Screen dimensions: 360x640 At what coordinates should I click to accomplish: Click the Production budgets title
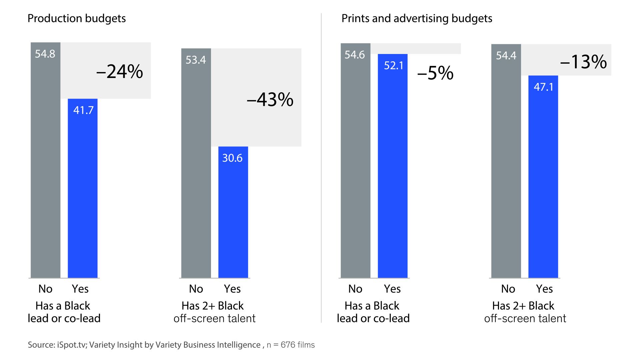pos(76,18)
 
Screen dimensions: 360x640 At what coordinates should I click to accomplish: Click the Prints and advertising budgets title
pos(417,18)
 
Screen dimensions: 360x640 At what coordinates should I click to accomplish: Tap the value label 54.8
pos(45,54)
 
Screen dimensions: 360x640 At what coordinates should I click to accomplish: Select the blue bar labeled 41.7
pos(83,193)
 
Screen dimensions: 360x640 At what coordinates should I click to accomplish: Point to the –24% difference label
pos(119,71)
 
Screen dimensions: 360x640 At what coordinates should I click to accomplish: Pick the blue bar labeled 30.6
pos(233,217)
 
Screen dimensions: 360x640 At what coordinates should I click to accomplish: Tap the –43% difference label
pos(270,99)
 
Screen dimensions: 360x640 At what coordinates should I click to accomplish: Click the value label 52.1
pos(394,65)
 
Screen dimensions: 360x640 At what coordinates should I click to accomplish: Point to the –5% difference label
pos(435,73)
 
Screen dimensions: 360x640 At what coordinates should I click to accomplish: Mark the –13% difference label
pos(583,62)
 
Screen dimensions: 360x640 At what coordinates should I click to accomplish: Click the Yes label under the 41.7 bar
pos(80,289)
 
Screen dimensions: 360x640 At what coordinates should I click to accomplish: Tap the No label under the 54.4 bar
pos(508,289)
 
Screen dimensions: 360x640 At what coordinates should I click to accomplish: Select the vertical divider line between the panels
pos(321,167)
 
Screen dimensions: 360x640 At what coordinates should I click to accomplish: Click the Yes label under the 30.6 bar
pos(232,289)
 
